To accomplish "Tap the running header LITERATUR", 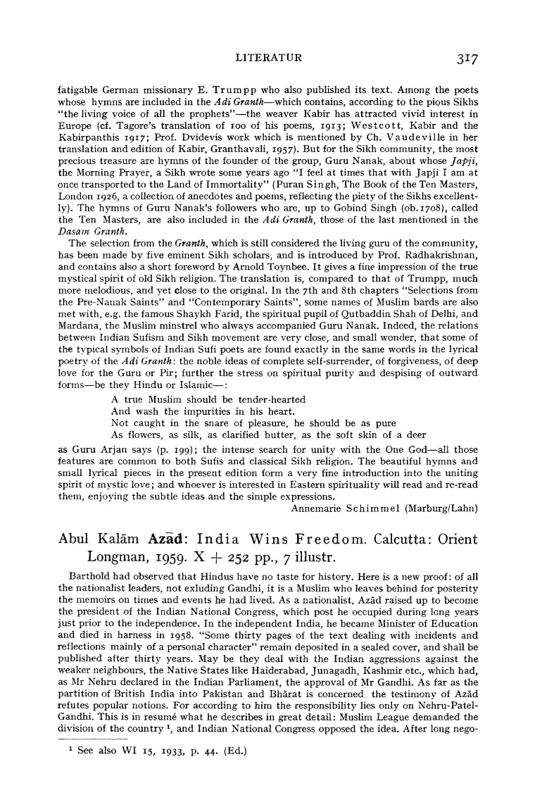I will pyautogui.click(x=268, y=58).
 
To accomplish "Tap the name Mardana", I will pyautogui.click(x=77, y=322).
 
